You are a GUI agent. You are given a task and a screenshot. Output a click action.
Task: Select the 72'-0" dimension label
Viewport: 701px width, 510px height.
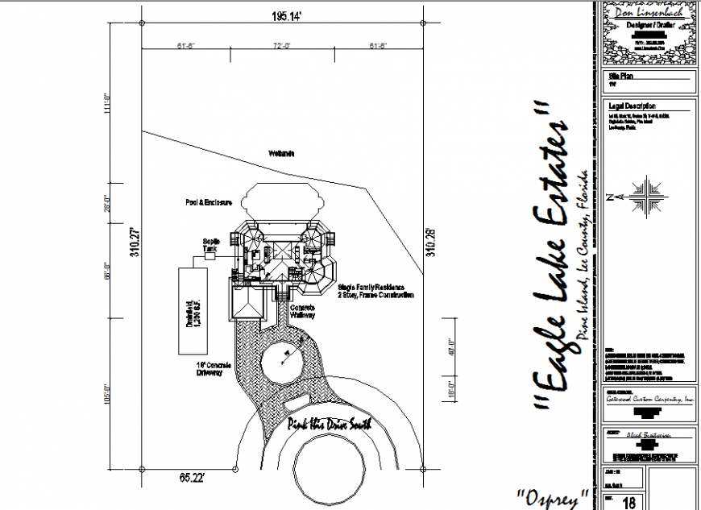[282, 46]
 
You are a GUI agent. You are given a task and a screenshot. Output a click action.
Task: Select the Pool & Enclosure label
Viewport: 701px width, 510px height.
[208, 202]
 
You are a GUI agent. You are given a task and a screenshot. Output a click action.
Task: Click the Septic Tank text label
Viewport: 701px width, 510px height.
[210, 246]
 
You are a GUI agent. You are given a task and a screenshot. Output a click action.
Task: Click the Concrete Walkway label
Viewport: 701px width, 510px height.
[302, 312]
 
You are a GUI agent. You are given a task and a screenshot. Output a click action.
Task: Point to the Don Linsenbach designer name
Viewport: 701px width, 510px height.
[649, 13]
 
